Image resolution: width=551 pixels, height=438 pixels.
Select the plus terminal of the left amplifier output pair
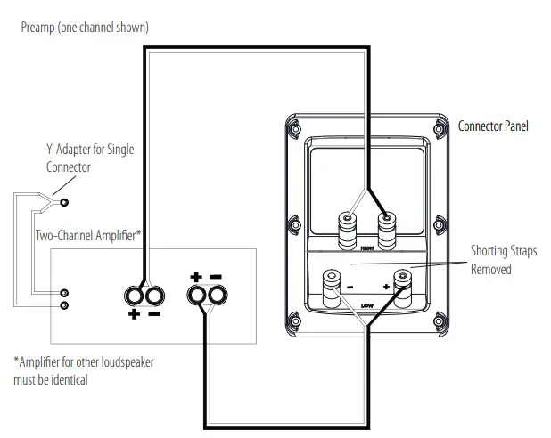tap(136, 295)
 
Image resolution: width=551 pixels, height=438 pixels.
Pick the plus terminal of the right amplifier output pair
tap(196, 295)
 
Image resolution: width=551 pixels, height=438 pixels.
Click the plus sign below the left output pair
tap(135, 315)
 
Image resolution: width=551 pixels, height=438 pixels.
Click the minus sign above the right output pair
tap(216, 276)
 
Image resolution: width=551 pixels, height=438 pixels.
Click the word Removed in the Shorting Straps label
tap(490, 269)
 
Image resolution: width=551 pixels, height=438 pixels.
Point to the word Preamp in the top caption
tap(38, 28)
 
